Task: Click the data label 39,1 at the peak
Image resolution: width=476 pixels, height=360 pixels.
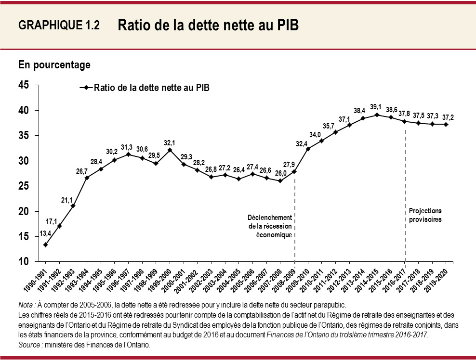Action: pos(376,107)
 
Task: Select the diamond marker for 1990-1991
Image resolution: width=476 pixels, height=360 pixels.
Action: pos(45,244)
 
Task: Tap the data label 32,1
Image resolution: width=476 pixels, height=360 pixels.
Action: pos(169,142)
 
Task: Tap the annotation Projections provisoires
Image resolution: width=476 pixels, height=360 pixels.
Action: pos(425,215)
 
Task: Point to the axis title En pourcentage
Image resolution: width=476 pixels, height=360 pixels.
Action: pos(54,64)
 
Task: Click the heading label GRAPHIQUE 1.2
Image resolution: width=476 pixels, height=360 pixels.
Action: pos(59,26)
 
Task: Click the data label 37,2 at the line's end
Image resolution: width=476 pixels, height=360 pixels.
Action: pos(446,116)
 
